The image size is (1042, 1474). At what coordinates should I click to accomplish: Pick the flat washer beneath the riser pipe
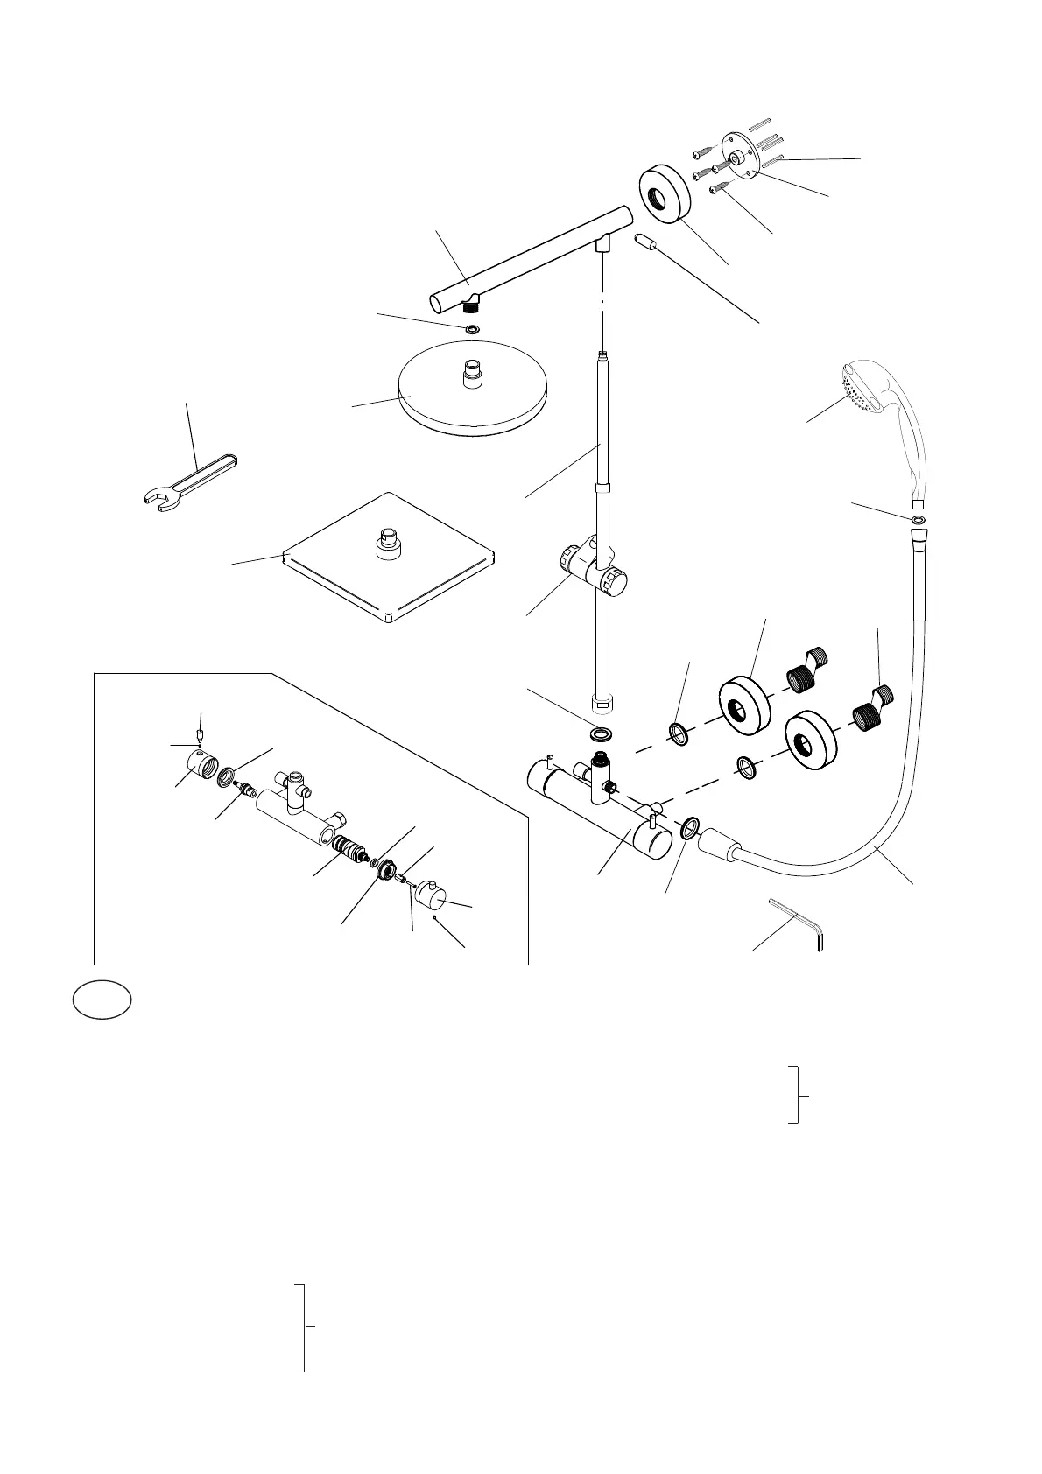pos(602,732)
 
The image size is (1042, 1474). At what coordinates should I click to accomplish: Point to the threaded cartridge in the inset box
pos(350,850)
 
